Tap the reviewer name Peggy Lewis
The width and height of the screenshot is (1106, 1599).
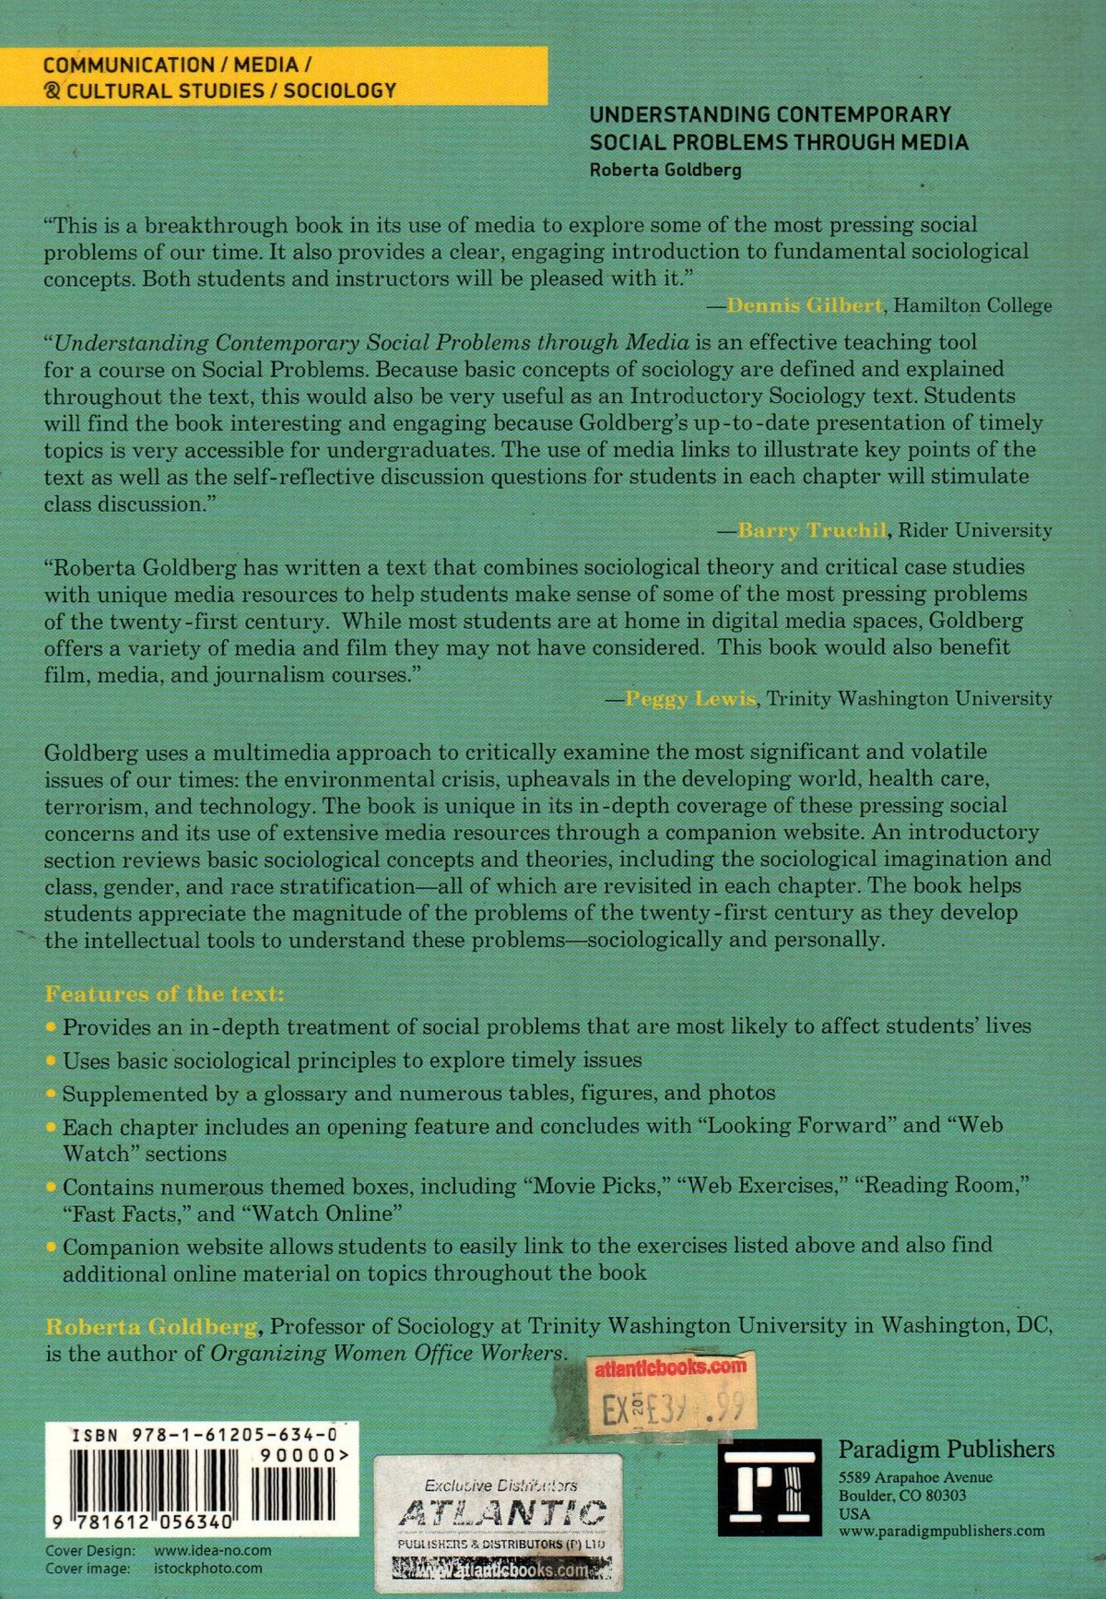click(690, 698)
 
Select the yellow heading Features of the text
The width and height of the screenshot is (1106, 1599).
click(166, 994)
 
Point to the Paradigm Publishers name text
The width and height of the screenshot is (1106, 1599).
click(946, 1449)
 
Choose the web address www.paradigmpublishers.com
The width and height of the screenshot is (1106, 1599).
click(941, 1531)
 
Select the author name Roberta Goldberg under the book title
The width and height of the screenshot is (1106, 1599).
click(665, 170)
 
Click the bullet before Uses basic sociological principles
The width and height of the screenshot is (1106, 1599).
click(51, 1061)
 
